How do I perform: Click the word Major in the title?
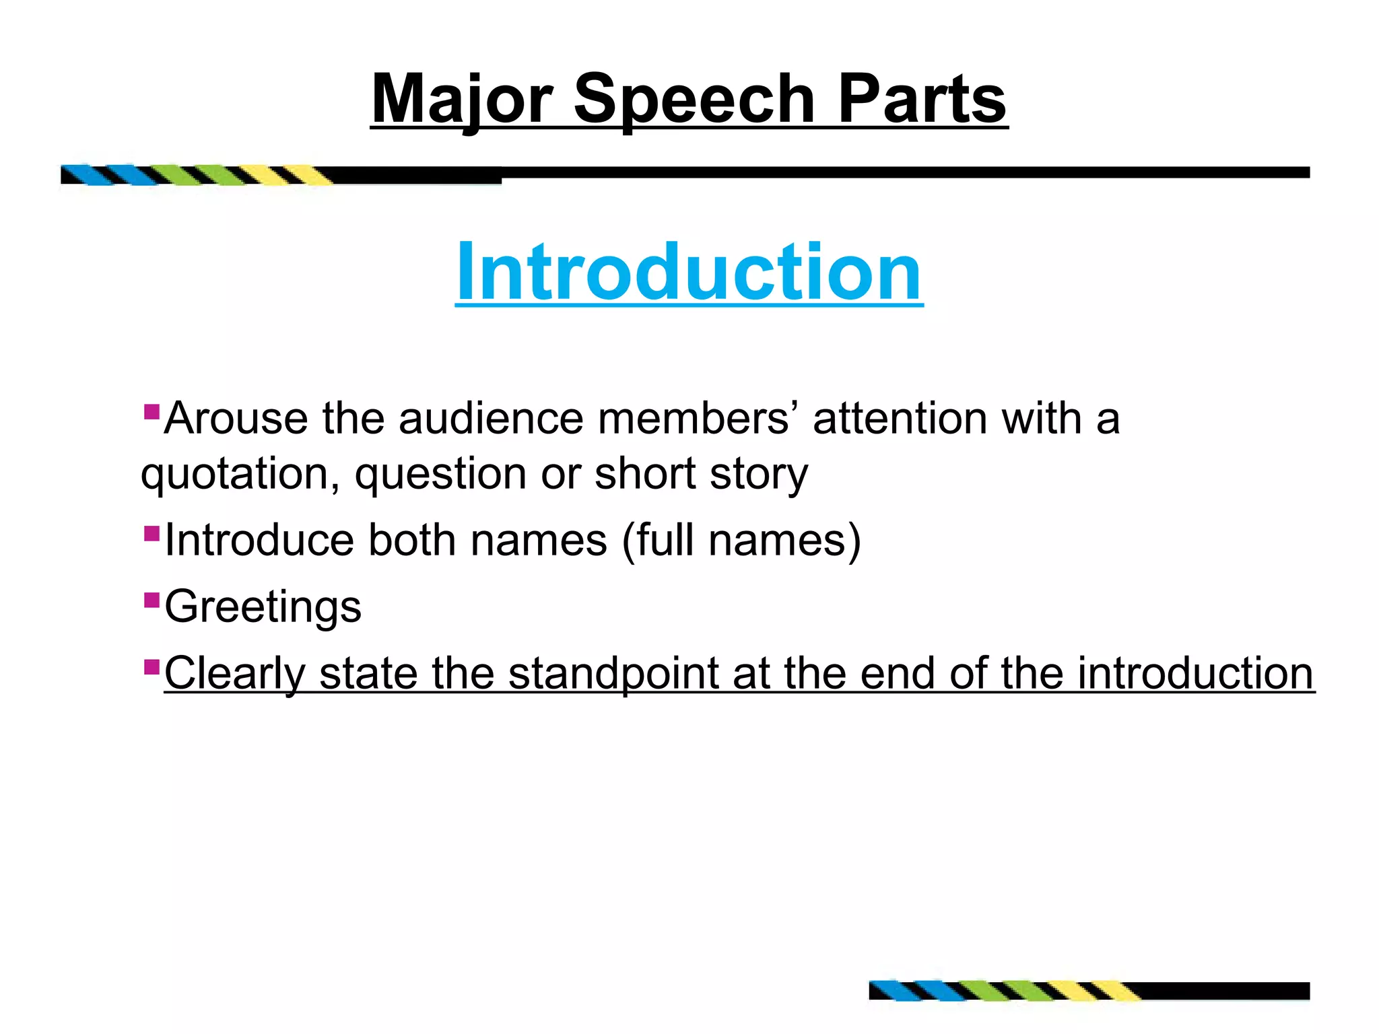pos(462,100)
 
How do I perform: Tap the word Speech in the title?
pos(694,100)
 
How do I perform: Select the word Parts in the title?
pos(922,100)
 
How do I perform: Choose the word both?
pos(411,540)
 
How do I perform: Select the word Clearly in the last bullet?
pos(234,674)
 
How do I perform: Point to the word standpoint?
pos(613,674)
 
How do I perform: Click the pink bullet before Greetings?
pos(152,598)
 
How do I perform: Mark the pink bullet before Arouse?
pos(152,410)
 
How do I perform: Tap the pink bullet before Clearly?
pos(152,667)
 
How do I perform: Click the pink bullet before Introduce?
pos(152,534)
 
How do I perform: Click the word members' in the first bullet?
pos(694,419)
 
